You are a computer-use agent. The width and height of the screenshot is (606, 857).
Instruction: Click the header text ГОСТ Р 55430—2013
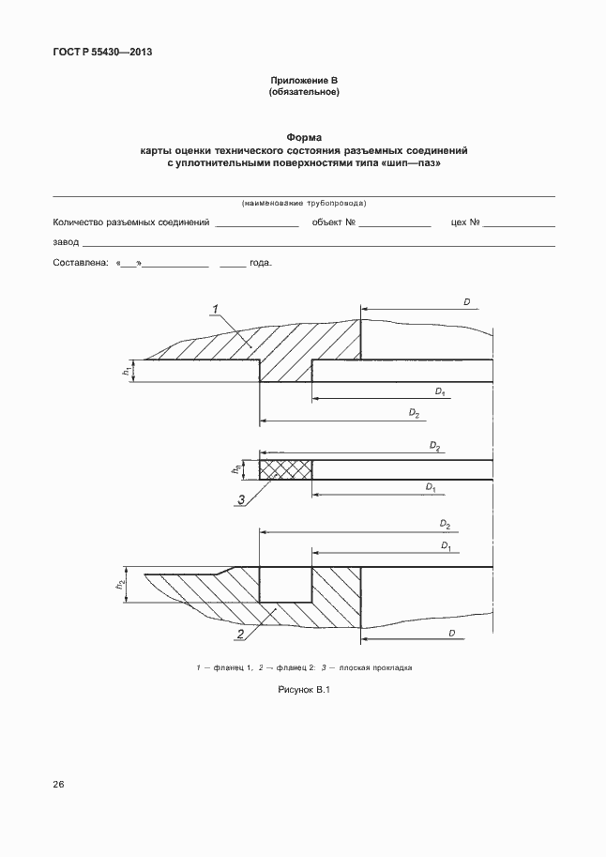[102, 53]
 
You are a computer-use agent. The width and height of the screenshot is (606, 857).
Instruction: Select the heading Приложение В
[303, 82]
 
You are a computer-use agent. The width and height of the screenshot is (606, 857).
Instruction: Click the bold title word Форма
[303, 138]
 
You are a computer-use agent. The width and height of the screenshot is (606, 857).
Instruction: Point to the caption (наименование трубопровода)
[303, 203]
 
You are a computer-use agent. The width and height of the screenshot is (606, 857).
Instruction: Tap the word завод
[66, 242]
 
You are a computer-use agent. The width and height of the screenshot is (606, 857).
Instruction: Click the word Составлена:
[81, 265]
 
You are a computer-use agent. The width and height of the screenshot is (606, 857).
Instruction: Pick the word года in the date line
[261, 265]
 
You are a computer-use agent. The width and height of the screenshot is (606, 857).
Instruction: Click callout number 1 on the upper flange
[215, 309]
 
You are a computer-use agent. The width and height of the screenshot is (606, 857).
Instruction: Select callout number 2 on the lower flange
[240, 635]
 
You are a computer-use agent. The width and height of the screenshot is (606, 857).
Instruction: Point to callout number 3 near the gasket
[241, 500]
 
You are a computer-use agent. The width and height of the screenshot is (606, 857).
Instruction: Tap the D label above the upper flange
[466, 301]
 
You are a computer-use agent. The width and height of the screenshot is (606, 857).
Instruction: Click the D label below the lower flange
[451, 635]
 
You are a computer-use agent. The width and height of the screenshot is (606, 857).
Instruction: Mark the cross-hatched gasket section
[285, 467]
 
